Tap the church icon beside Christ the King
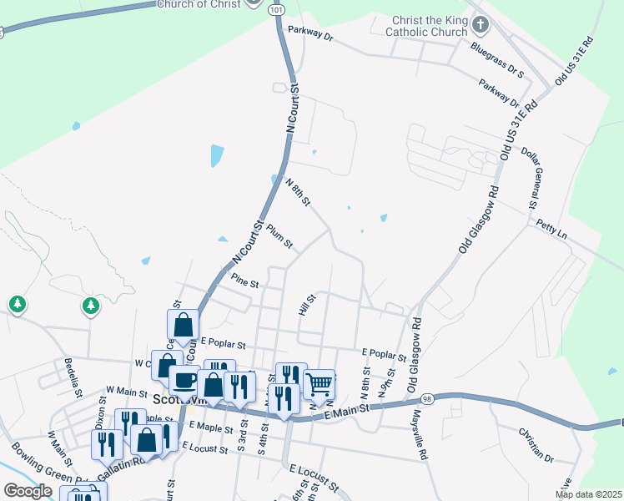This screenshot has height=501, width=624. pos(480,23)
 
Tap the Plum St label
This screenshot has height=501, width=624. pos(279,235)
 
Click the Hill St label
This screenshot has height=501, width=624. pos(307,305)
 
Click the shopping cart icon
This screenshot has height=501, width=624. pos(320,385)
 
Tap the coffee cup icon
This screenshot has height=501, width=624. pos(184,380)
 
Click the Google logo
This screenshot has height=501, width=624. pos(27,491)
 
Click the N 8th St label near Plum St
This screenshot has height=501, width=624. pos(298,193)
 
